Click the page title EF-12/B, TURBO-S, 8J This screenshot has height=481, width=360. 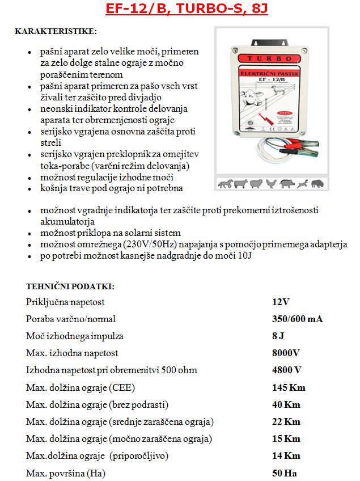(180, 10)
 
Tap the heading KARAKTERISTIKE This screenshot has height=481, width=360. (56, 30)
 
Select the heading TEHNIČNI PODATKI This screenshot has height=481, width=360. (70, 286)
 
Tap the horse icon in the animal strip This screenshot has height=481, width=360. (225, 184)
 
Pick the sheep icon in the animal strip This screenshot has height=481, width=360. (256, 184)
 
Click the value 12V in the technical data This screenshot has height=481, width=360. (281, 302)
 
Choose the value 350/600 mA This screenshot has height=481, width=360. (297, 319)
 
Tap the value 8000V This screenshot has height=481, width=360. (286, 353)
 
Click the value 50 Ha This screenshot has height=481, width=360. (285, 473)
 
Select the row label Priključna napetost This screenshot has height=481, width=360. (65, 302)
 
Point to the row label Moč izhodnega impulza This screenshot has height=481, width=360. (74, 336)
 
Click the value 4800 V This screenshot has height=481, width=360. (287, 370)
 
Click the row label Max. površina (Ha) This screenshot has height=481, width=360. (66, 473)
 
